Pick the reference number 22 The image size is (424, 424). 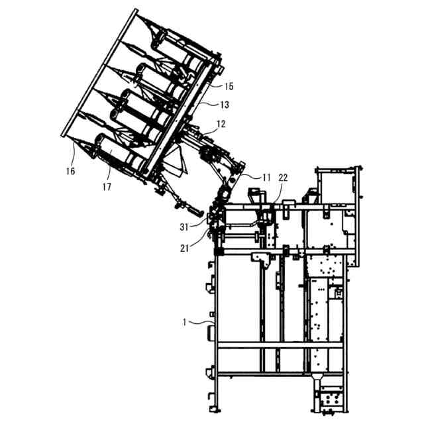pos(283,178)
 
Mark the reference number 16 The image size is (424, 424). pos(70,171)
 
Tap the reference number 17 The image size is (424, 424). pos(106,187)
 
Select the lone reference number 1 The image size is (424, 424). pos(185,323)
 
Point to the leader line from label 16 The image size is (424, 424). pos(70,154)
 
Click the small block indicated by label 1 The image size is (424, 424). pos(211,329)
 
